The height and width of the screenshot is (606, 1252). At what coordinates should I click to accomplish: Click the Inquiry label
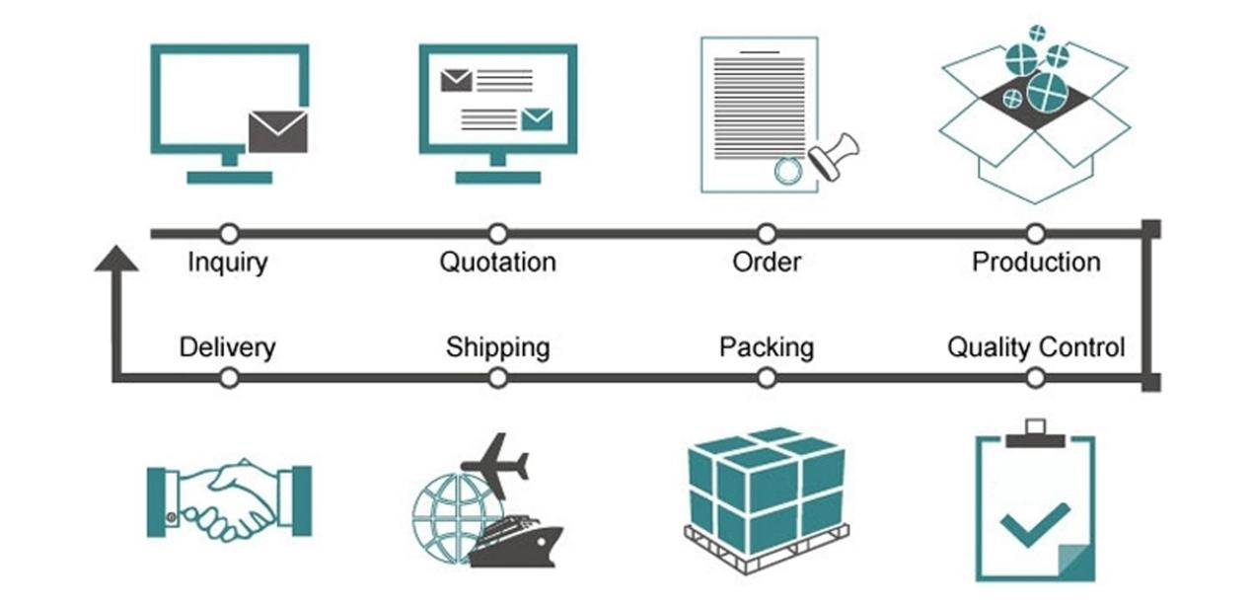pyautogui.click(x=228, y=263)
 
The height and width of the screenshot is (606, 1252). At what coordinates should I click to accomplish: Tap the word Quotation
pyautogui.click(x=497, y=263)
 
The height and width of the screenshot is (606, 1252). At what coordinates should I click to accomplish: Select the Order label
pyautogui.click(x=767, y=263)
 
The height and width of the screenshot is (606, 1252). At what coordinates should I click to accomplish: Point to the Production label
pyautogui.click(x=1036, y=263)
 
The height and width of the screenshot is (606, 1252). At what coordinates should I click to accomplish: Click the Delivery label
pyautogui.click(x=227, y=347)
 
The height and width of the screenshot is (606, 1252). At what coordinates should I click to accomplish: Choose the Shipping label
pyautogui.click(x=497, y=347)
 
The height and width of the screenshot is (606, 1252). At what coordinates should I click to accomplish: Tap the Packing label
pyautogui.click(x=767, y=347)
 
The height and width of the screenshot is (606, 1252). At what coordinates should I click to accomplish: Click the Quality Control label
pyautogui.click(x=1036, y=347)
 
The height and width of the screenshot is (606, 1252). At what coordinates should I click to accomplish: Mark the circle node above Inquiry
pyautogui.click(x=229, y=234)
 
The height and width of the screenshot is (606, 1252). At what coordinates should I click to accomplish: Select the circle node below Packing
pyautogui.click(x=767, y=377)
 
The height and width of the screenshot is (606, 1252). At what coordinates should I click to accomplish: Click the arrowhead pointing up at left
pyautogui.click(x=115, y=259)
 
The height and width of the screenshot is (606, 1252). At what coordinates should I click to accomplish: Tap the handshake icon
pyautogui.click(x=229, y=499)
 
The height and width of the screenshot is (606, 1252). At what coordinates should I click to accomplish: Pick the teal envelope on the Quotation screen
pyautogui.click(x=537, y=119)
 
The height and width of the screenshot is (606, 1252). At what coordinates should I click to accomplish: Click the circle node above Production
pyautogui.click(x=1035, y=234)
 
